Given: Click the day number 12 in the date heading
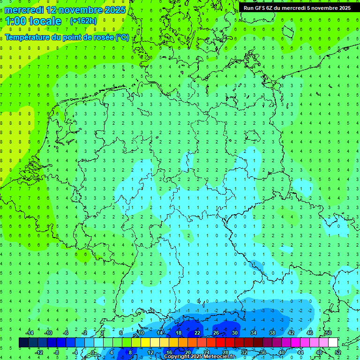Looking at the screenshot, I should (x=52, y=10).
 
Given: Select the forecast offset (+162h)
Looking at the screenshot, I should (x=83, y=21).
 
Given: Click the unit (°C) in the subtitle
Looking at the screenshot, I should (x=123, y=37).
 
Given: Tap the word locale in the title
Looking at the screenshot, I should (x=45, y=21).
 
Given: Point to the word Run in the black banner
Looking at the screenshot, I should (x=249, y=8).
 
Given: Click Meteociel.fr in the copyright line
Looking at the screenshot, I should (x=219, y=357).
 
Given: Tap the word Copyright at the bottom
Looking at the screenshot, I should (x=177, y=357).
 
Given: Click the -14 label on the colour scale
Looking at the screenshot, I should (x=31, y=333).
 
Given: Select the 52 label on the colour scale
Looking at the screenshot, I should (x=338, y=352).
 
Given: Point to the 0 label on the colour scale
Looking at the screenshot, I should (x=93, y=352).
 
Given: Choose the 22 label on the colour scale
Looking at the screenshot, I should (x=197, y=333).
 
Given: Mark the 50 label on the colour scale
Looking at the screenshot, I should (x=328, y=333).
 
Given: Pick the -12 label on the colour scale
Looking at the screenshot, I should (x=40, y=352).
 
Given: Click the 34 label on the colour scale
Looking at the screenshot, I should (x=253, y=333).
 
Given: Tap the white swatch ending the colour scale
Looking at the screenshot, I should (x=333, y=342).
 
